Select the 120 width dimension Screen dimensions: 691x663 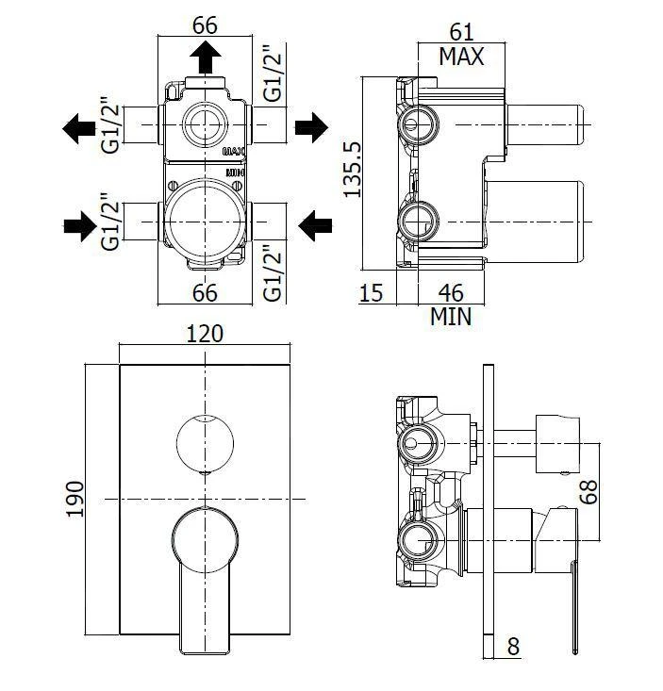point(205,334)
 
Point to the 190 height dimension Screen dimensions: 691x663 point(75,499)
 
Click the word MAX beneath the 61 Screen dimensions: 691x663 point(460,58)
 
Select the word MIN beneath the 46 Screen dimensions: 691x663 point(450,317)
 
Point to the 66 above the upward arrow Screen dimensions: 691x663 point(205,25)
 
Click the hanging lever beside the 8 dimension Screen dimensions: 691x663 point(573,603)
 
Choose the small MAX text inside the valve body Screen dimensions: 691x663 point(234,150)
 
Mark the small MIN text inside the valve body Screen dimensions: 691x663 point(236,172)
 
